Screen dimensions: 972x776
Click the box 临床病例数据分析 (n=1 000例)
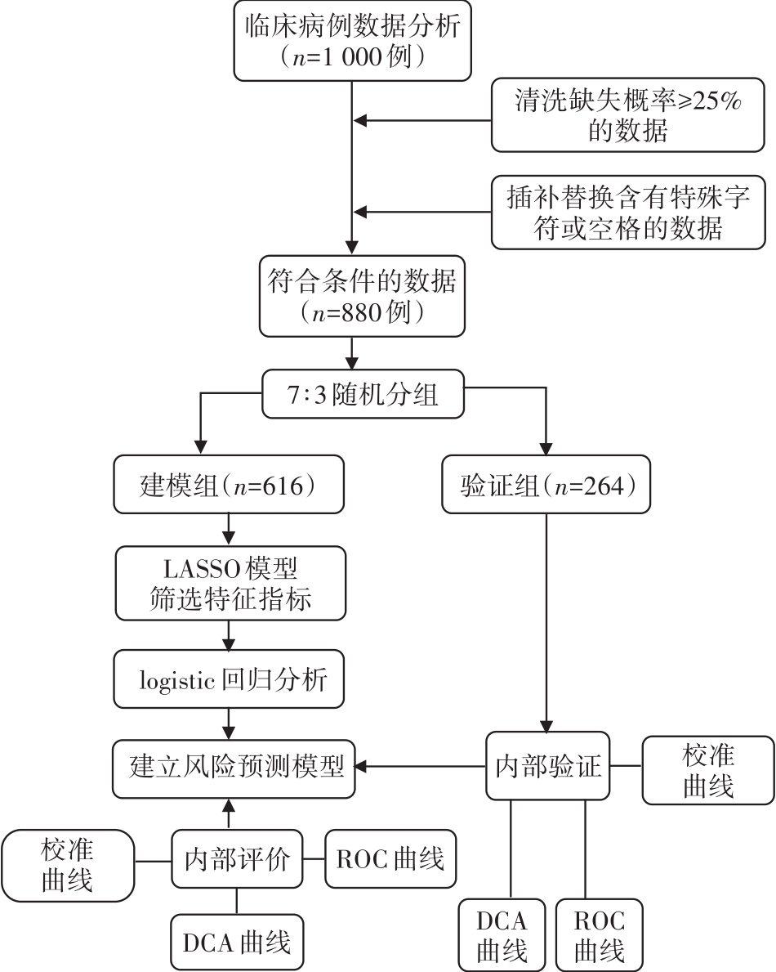[351, 40]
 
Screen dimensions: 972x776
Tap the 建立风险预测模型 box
[233, 766]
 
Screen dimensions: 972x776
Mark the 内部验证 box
[548, 766]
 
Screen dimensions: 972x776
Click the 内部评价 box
[237, 859]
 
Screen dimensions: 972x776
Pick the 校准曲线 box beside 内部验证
[707, 768]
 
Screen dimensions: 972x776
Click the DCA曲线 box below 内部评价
[236, 942]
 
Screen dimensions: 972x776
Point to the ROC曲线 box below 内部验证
[598, 935]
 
